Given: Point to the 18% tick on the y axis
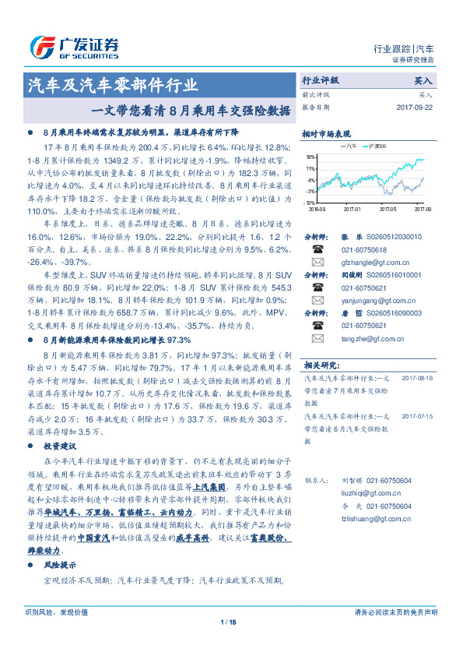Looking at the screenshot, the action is (x=310, y=157).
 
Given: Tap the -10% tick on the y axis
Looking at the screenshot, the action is (x=310, y=203).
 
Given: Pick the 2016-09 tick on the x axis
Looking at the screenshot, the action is (x=317, y=209).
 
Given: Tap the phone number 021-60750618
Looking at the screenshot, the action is (x=365, y=249).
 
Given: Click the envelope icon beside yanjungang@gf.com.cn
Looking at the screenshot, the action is (x=317, y=301).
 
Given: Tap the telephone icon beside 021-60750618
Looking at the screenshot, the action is (x=317, y=249).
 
